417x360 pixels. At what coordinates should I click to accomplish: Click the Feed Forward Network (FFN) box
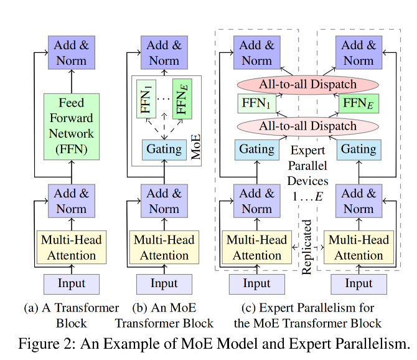[71, 125]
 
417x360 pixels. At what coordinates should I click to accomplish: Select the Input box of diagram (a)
[71, 283]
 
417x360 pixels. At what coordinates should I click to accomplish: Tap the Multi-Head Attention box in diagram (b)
[164, 247]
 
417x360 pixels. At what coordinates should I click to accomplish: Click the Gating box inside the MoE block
[164, 149]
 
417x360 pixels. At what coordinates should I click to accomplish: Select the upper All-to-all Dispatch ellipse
[307, 85]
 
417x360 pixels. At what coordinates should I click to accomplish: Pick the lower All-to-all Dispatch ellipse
[307, 126]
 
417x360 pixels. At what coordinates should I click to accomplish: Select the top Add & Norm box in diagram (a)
[71, 52]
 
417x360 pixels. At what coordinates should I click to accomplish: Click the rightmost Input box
[358, 283]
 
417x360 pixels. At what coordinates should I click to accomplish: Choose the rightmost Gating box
[358, 149]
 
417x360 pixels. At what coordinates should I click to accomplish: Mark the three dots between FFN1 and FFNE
[165, 98]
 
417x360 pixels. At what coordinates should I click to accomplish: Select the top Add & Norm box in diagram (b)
[164, 52]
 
